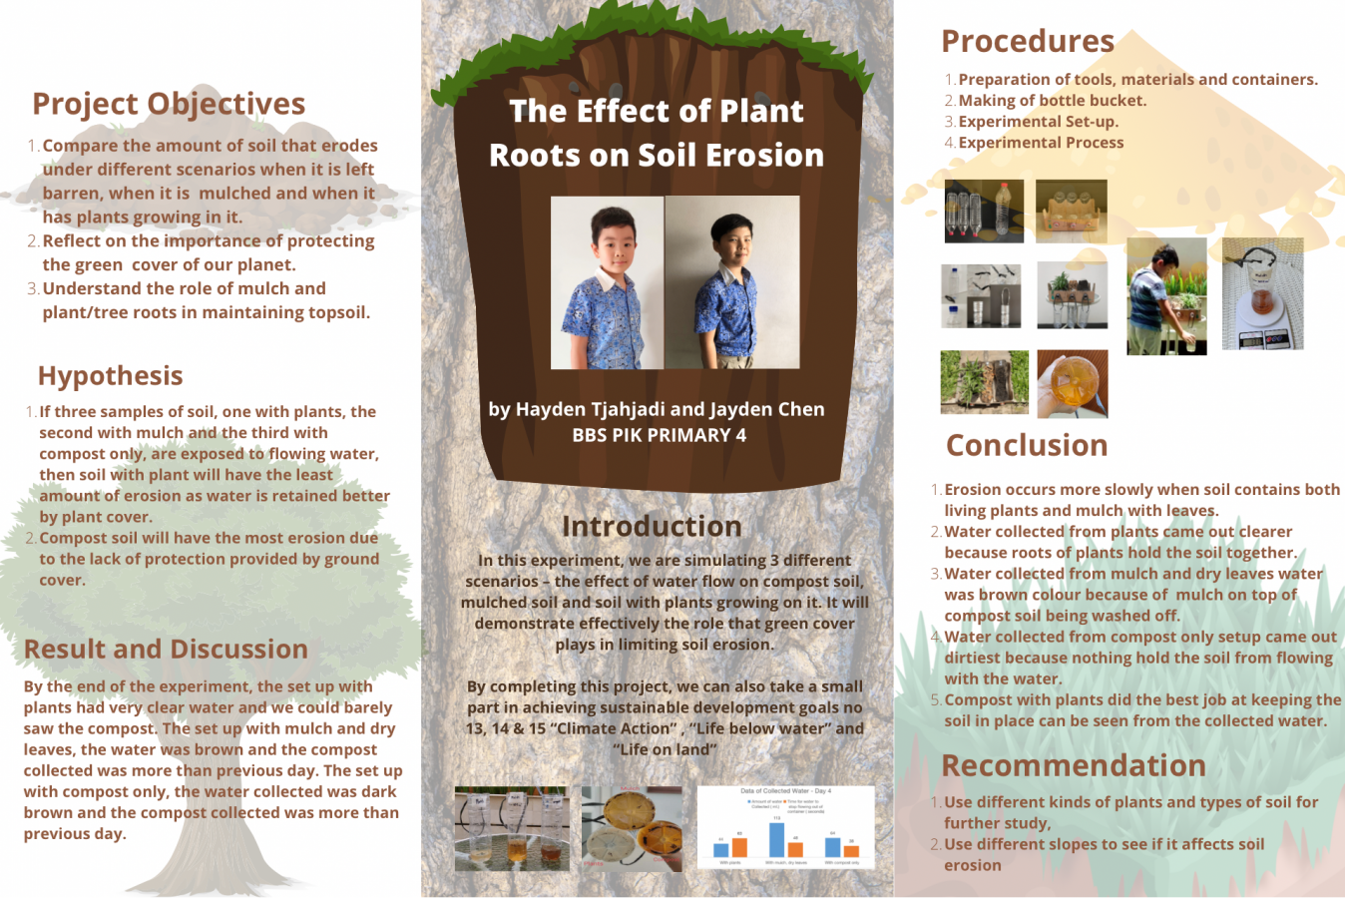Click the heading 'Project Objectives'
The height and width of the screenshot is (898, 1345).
(x=169, y=104)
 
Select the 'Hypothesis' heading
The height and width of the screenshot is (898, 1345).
(x=110, y=376)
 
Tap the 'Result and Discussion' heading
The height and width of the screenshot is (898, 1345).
(x=166, y=650)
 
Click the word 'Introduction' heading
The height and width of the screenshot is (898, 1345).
(x=652, y=527)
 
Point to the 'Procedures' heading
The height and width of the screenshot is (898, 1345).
(x=1028, y=42)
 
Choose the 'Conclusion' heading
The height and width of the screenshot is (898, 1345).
(x=1027, y=446)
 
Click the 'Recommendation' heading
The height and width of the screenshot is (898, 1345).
(x=1074, y=766)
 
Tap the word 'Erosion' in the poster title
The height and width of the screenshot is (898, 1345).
(x=765, y=156)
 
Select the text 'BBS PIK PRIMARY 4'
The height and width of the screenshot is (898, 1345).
(x=659, y=435)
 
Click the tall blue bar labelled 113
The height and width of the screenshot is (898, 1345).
(x=776, y=839)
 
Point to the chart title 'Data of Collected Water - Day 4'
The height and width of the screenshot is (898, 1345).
(x=785, y=791)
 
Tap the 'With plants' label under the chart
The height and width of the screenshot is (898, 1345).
(x=730, y=863)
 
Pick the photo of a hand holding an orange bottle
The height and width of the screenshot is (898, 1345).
(x=1072, y=383)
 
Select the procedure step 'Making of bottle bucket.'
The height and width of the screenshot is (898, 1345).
(x=1052, y=101)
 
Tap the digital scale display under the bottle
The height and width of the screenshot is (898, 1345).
(x=1262, y=339)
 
